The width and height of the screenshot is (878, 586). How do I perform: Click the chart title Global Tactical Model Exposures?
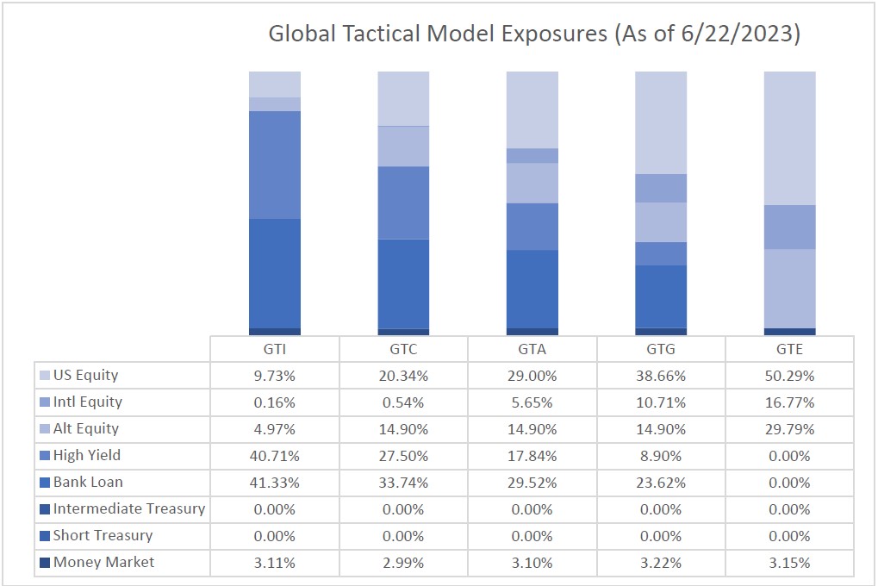pos(534,34)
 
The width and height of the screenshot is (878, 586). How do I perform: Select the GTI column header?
pos(275,349)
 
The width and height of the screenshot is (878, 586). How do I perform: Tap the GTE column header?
pos(789,349)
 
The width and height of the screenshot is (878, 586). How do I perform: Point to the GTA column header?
pos(532,349)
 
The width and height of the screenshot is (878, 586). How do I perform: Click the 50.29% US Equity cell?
pos(789,376)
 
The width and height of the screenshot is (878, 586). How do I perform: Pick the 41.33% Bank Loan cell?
pos(275,483)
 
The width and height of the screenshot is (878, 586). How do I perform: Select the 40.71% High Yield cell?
pos(275,456)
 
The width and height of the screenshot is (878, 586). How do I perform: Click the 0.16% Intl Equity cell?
pos(275,402)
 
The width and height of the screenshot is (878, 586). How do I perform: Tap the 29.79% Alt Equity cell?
pos(789,429)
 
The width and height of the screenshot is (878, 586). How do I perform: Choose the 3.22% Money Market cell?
pos(661,563)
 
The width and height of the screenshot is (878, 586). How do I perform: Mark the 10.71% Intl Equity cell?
pos(661,402)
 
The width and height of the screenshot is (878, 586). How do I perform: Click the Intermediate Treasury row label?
pos(129,508)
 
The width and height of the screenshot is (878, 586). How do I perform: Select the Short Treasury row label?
pos(103,535)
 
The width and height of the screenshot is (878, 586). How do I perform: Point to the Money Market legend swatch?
pos(44,563)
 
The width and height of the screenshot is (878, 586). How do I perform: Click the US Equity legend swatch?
pos(44,376)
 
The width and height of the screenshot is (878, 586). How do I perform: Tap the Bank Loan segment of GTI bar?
pos(275,273)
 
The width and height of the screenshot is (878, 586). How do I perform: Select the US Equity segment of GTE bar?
pos(789,138)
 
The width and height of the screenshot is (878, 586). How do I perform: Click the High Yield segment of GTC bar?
pos(403,203)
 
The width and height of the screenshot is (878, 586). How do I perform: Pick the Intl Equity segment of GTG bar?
pos(661,188)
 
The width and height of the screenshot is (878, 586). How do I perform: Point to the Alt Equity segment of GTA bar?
pos(532,183)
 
